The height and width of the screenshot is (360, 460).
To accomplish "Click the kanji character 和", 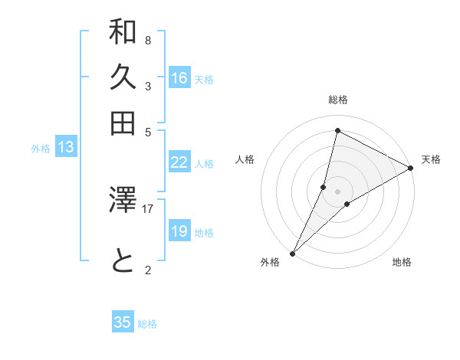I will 123,33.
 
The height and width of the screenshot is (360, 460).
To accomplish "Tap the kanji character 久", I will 123,77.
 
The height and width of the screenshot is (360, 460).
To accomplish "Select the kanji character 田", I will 123,123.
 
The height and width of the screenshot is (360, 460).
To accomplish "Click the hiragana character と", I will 123,262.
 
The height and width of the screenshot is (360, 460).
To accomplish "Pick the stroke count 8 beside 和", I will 147,40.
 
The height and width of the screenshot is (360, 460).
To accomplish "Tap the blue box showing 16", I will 179,78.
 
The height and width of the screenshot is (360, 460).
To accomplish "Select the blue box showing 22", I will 179,162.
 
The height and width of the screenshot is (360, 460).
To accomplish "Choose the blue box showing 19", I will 179,231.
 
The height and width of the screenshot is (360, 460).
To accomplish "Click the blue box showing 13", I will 66,148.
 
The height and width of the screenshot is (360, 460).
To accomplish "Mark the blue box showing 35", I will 123,322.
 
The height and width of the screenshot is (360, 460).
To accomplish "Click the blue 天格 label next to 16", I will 204,80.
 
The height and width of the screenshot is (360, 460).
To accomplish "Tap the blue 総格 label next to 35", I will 147,324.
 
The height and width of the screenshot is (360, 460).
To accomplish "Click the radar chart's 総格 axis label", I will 337,100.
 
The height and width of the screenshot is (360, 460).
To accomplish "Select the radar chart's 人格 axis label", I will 245,159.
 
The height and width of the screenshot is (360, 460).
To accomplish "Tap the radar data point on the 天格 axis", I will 411,169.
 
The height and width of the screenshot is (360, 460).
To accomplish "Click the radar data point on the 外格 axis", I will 293,253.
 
